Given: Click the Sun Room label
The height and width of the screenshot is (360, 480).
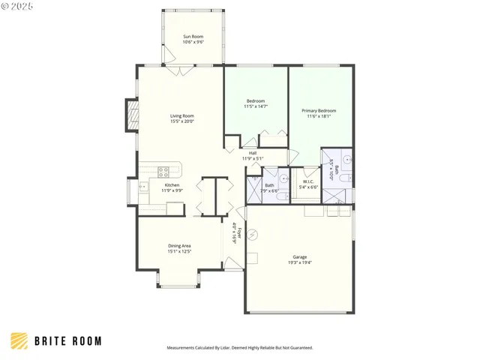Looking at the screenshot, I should (x=193, y=36).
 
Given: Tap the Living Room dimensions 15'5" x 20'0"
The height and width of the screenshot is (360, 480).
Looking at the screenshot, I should (x=182, y=121).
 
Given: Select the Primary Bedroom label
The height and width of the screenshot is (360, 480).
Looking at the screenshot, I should (x=319, y=111).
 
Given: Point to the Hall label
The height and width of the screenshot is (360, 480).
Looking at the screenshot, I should (x=253, y=153).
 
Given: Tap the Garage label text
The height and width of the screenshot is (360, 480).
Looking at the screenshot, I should (x=299, y=256).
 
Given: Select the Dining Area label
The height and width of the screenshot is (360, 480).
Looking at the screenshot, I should (x=179, y=245).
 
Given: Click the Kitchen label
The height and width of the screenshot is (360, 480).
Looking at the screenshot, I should (x=172, y=184).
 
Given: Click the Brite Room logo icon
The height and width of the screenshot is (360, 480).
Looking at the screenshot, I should (x=19, y=341).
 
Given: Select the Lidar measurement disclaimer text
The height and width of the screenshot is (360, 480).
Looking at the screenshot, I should (x=239, y=348).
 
